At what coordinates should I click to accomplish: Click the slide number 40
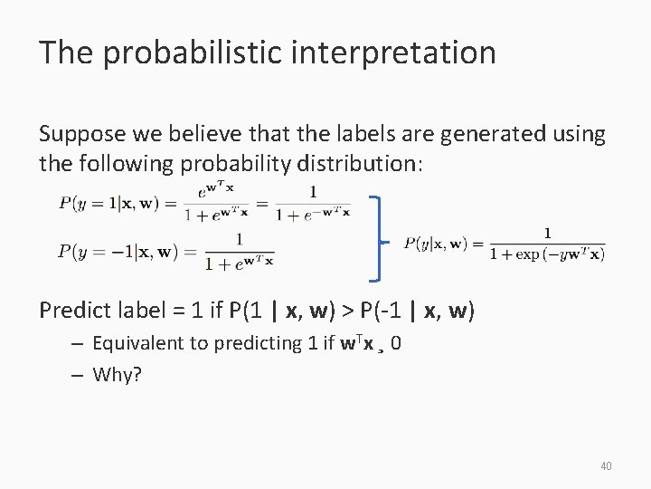(606, 466)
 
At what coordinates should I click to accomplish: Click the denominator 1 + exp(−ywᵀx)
(547, 254)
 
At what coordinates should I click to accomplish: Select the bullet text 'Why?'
(118, 374)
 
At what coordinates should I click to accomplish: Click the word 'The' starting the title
(65, 53)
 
